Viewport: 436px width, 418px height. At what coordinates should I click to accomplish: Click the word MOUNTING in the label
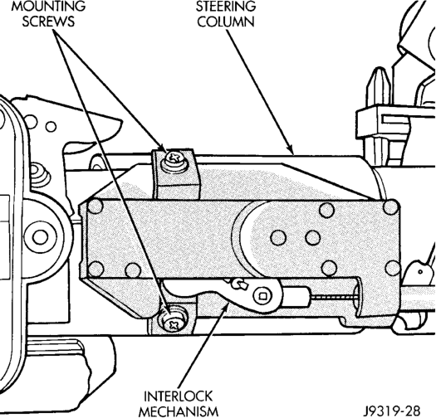(x=48, y=6)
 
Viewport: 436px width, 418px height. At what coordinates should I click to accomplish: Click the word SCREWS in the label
(x=48, y=21)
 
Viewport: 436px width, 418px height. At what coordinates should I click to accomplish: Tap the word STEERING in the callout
(x=226, y=6)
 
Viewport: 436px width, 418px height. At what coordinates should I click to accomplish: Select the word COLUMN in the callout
(x=226, y=22)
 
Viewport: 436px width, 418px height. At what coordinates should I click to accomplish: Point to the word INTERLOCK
(x=178, y=396)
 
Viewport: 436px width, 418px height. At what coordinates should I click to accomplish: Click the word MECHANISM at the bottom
(x=179, y=411)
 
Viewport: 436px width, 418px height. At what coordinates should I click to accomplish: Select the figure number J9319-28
(x=392, y=411)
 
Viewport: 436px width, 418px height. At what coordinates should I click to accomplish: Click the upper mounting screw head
(x=175, y=158)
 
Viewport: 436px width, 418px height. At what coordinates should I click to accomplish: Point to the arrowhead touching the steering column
(x=290, y=149)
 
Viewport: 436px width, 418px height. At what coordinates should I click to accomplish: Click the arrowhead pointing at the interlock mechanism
(x=226, y=307)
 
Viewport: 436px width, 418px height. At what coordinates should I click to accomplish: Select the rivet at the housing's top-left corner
(x=95, y=207)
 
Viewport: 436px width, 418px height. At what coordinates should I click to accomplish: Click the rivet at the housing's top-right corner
(x=391, y=207)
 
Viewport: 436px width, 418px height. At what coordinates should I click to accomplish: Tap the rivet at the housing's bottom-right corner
(x=393, y=268)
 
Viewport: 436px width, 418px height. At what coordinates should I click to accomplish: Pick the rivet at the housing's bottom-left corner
(x=96, y=269)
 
